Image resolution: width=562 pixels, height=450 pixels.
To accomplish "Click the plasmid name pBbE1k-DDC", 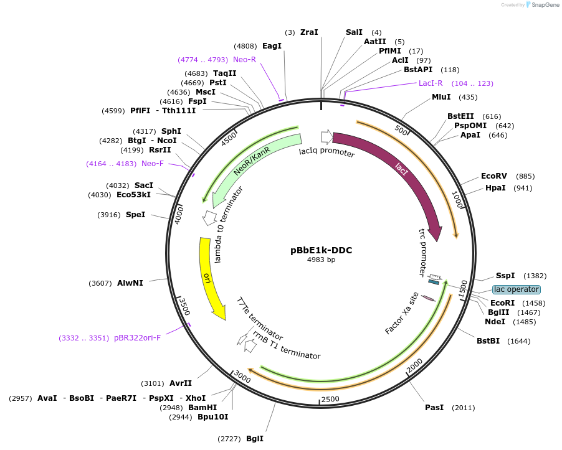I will coord(321,250).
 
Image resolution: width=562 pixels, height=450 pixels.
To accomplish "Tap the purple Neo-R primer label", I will coord(244,60).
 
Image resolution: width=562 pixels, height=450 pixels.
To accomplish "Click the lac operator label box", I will coord(516,289).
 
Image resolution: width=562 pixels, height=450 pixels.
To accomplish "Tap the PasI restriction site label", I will coord(434,408).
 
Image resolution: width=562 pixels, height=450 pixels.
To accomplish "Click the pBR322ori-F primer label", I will coord(137,338).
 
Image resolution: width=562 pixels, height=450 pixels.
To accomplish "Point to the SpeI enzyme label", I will coord(135,215).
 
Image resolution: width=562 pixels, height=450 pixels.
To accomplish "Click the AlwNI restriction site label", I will coord(130,283).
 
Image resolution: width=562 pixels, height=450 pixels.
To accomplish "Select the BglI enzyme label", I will coord(254,439).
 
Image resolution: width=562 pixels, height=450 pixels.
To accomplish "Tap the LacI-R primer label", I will coord(431,83).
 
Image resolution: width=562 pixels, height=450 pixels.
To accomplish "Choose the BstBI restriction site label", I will coord(488,341).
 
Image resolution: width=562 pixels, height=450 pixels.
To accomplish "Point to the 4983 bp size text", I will coord(321,260).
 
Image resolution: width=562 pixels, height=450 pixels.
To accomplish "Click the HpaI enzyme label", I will coord(495,188).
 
